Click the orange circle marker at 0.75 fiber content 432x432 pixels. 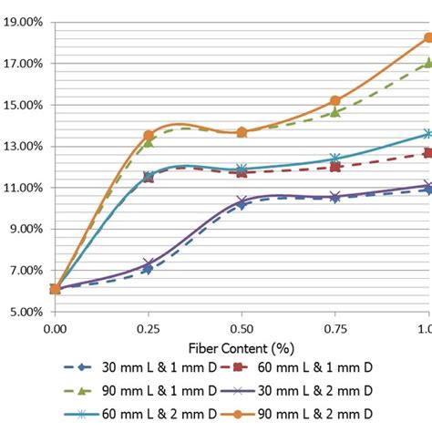[x=335, y=101]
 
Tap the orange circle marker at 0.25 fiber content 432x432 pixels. [x=149, y=136]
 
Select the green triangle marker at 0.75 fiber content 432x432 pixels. [x=335, y=113]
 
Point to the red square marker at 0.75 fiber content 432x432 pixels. [x=335, y=167]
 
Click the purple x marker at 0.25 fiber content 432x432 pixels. [x=149, y=263]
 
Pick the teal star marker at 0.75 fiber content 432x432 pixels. [x=335, y=159]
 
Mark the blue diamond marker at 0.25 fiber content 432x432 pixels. [x=149, y=269]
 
